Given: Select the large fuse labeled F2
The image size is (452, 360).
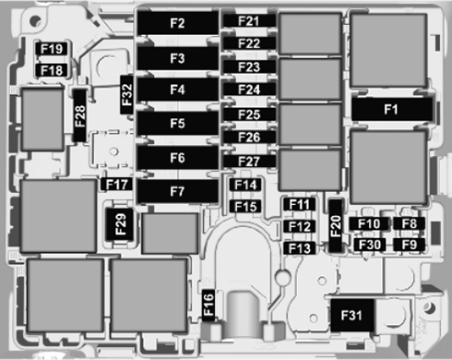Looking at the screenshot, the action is tap(178, 22).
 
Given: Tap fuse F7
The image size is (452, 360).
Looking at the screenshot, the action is tap(178, 192).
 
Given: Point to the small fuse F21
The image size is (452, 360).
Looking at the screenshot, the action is tap(248, 20).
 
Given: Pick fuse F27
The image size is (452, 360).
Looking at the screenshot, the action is tap(248, 162).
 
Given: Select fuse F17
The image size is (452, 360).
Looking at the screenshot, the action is tap(117, 185).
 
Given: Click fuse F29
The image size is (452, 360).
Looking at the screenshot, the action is tap(119, 222).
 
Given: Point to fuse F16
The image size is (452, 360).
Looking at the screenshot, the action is tap(208, 302).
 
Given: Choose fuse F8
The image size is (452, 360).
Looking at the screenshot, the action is tap(410, 223).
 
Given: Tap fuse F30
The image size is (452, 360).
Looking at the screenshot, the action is tap(369, 245).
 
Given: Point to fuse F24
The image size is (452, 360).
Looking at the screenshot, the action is tap(248, 90).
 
